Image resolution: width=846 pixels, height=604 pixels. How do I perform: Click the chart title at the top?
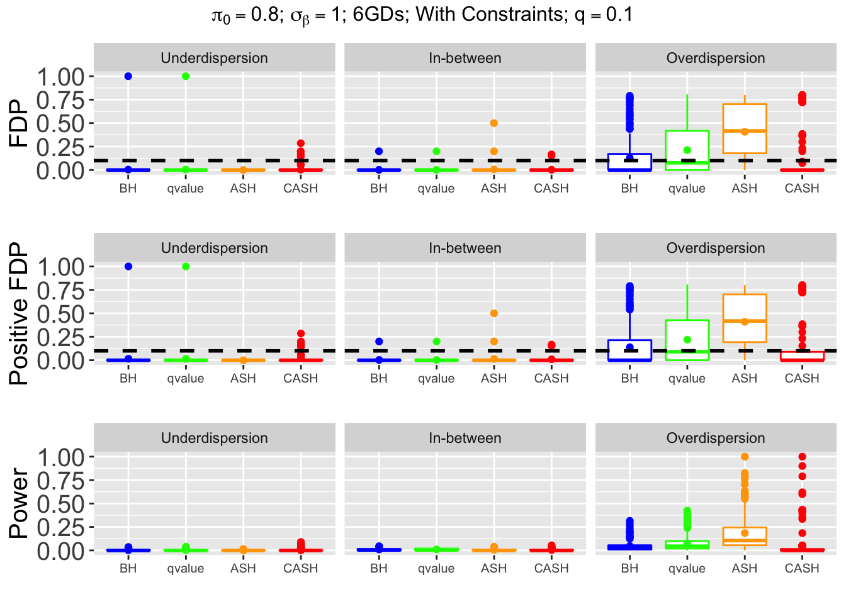click(x=422, y=14)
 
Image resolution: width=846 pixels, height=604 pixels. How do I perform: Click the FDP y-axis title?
click(x=19, y=123)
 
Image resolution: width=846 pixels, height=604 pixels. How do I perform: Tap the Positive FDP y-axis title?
click(x=19, y=313)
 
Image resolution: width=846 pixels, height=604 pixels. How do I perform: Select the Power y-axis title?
click(x=19, y=503)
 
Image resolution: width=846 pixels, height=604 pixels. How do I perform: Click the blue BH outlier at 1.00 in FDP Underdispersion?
click(x=128, y=76)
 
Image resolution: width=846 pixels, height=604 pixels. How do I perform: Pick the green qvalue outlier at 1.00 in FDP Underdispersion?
click(x=186, y=76)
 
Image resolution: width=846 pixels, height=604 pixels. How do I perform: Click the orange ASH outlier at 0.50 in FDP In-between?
click(x=494, y=123)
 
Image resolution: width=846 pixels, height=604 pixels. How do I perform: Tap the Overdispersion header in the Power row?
click(x=716, y=438)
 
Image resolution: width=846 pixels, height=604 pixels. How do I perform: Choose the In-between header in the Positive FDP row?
click(x=465, y=248)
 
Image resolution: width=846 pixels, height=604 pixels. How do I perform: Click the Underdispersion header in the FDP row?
click(x=215, y=58)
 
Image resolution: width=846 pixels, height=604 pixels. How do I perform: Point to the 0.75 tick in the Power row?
click(x=62, y=480)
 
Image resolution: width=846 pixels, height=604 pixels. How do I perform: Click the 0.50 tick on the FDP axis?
click(x=62, y=123)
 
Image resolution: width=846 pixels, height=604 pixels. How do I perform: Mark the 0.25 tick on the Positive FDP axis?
click(x=62, y=337)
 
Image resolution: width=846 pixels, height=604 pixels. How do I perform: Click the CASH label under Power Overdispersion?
click(x=802, y=568)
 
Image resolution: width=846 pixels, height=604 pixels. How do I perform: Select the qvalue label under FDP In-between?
click(x=436, y=188)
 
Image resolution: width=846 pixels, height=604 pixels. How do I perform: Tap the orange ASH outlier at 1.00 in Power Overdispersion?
click(x=745, y=457)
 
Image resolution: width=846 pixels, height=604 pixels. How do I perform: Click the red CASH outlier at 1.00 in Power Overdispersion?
click(x=802, y=457)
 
